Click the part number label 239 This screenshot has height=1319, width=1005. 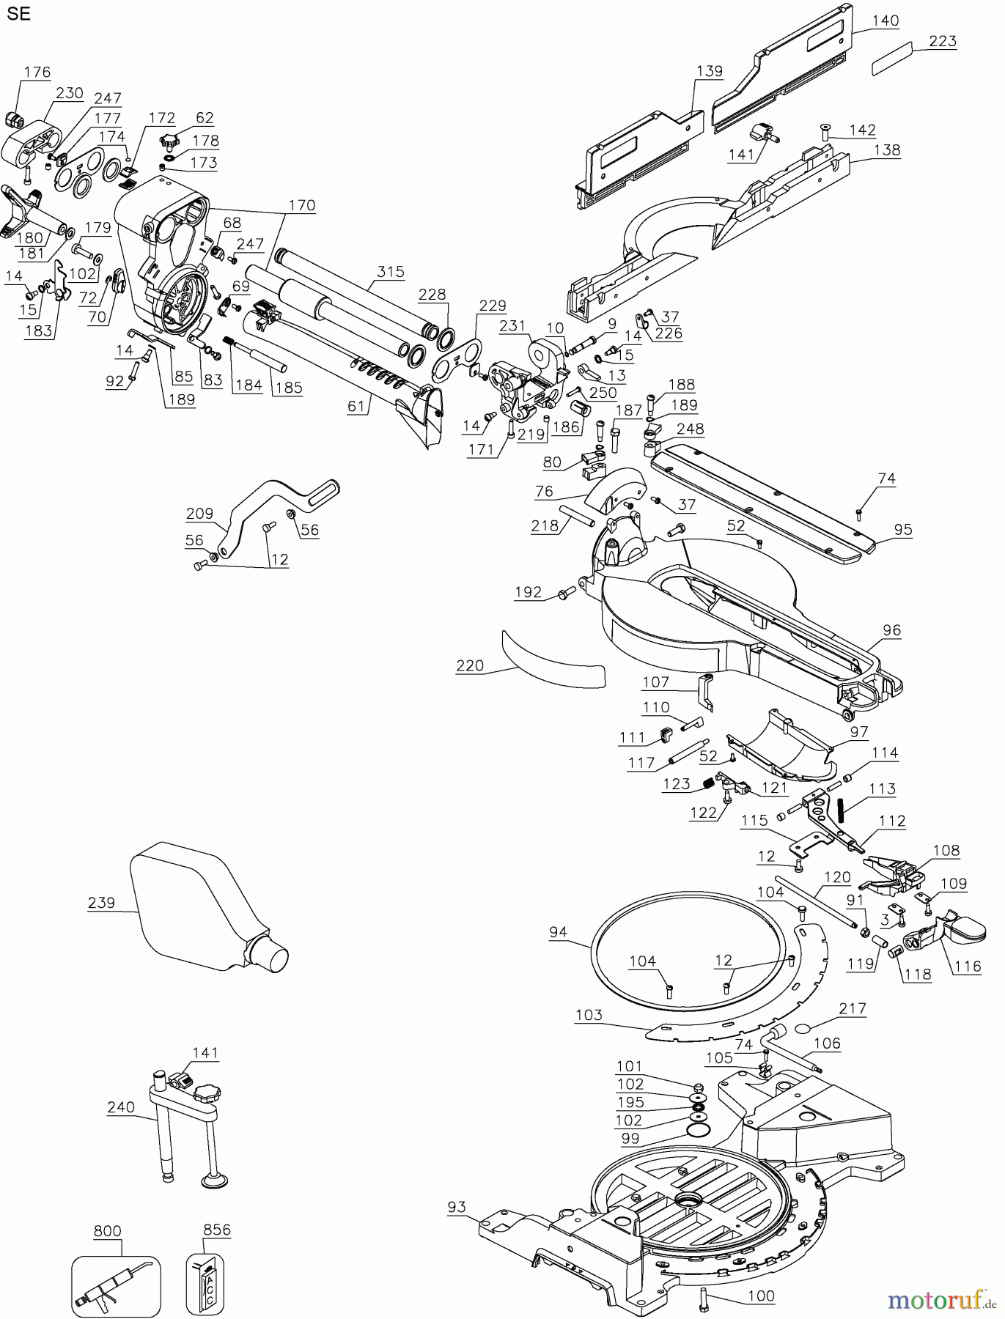point(101,903)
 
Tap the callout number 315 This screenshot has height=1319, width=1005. point(391,272)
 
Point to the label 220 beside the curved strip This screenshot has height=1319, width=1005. point(470,665)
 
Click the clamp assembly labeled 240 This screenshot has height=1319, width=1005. point(183,1121)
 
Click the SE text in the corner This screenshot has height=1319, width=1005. point(20,14)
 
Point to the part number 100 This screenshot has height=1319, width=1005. point(761,1296)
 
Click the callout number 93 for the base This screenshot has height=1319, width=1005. point(457,1207)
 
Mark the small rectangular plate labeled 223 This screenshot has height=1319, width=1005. point(891,59)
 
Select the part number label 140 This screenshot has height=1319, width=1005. point(886,21)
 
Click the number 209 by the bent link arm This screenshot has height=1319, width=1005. point(199,514)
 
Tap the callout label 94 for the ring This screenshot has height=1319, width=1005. point(559,932)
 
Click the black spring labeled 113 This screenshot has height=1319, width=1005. point(842,811)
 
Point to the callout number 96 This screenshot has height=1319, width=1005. point(891,630)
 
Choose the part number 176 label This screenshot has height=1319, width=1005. point(37,72)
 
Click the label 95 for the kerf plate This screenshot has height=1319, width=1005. point(903,529)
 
